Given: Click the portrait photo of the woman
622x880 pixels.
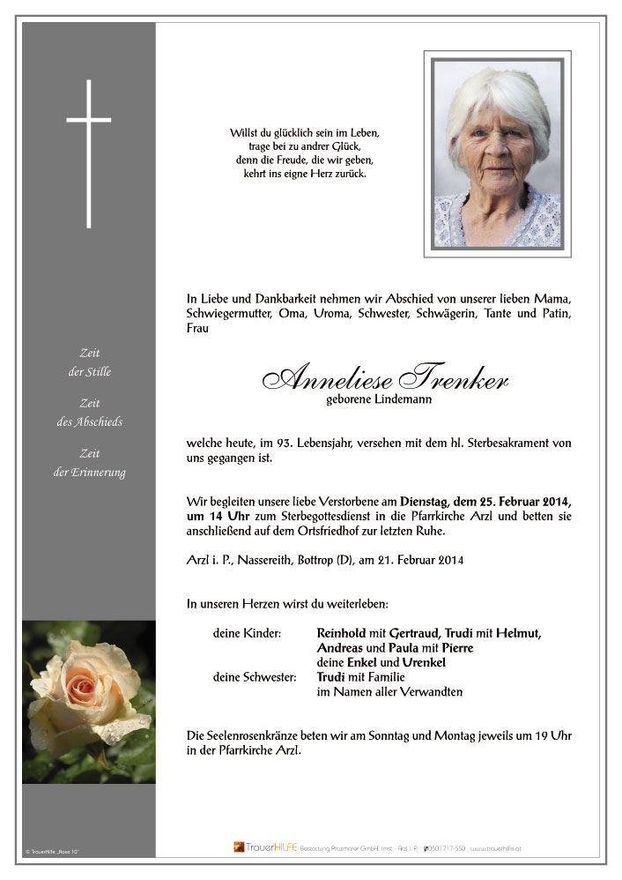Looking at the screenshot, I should [x=497, y=153].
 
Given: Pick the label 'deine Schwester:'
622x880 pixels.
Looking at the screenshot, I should [x=254, y=676].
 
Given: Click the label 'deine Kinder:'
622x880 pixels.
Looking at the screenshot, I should [x=246, y=632].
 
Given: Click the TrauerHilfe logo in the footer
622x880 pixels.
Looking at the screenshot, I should [x=264, y=847].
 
